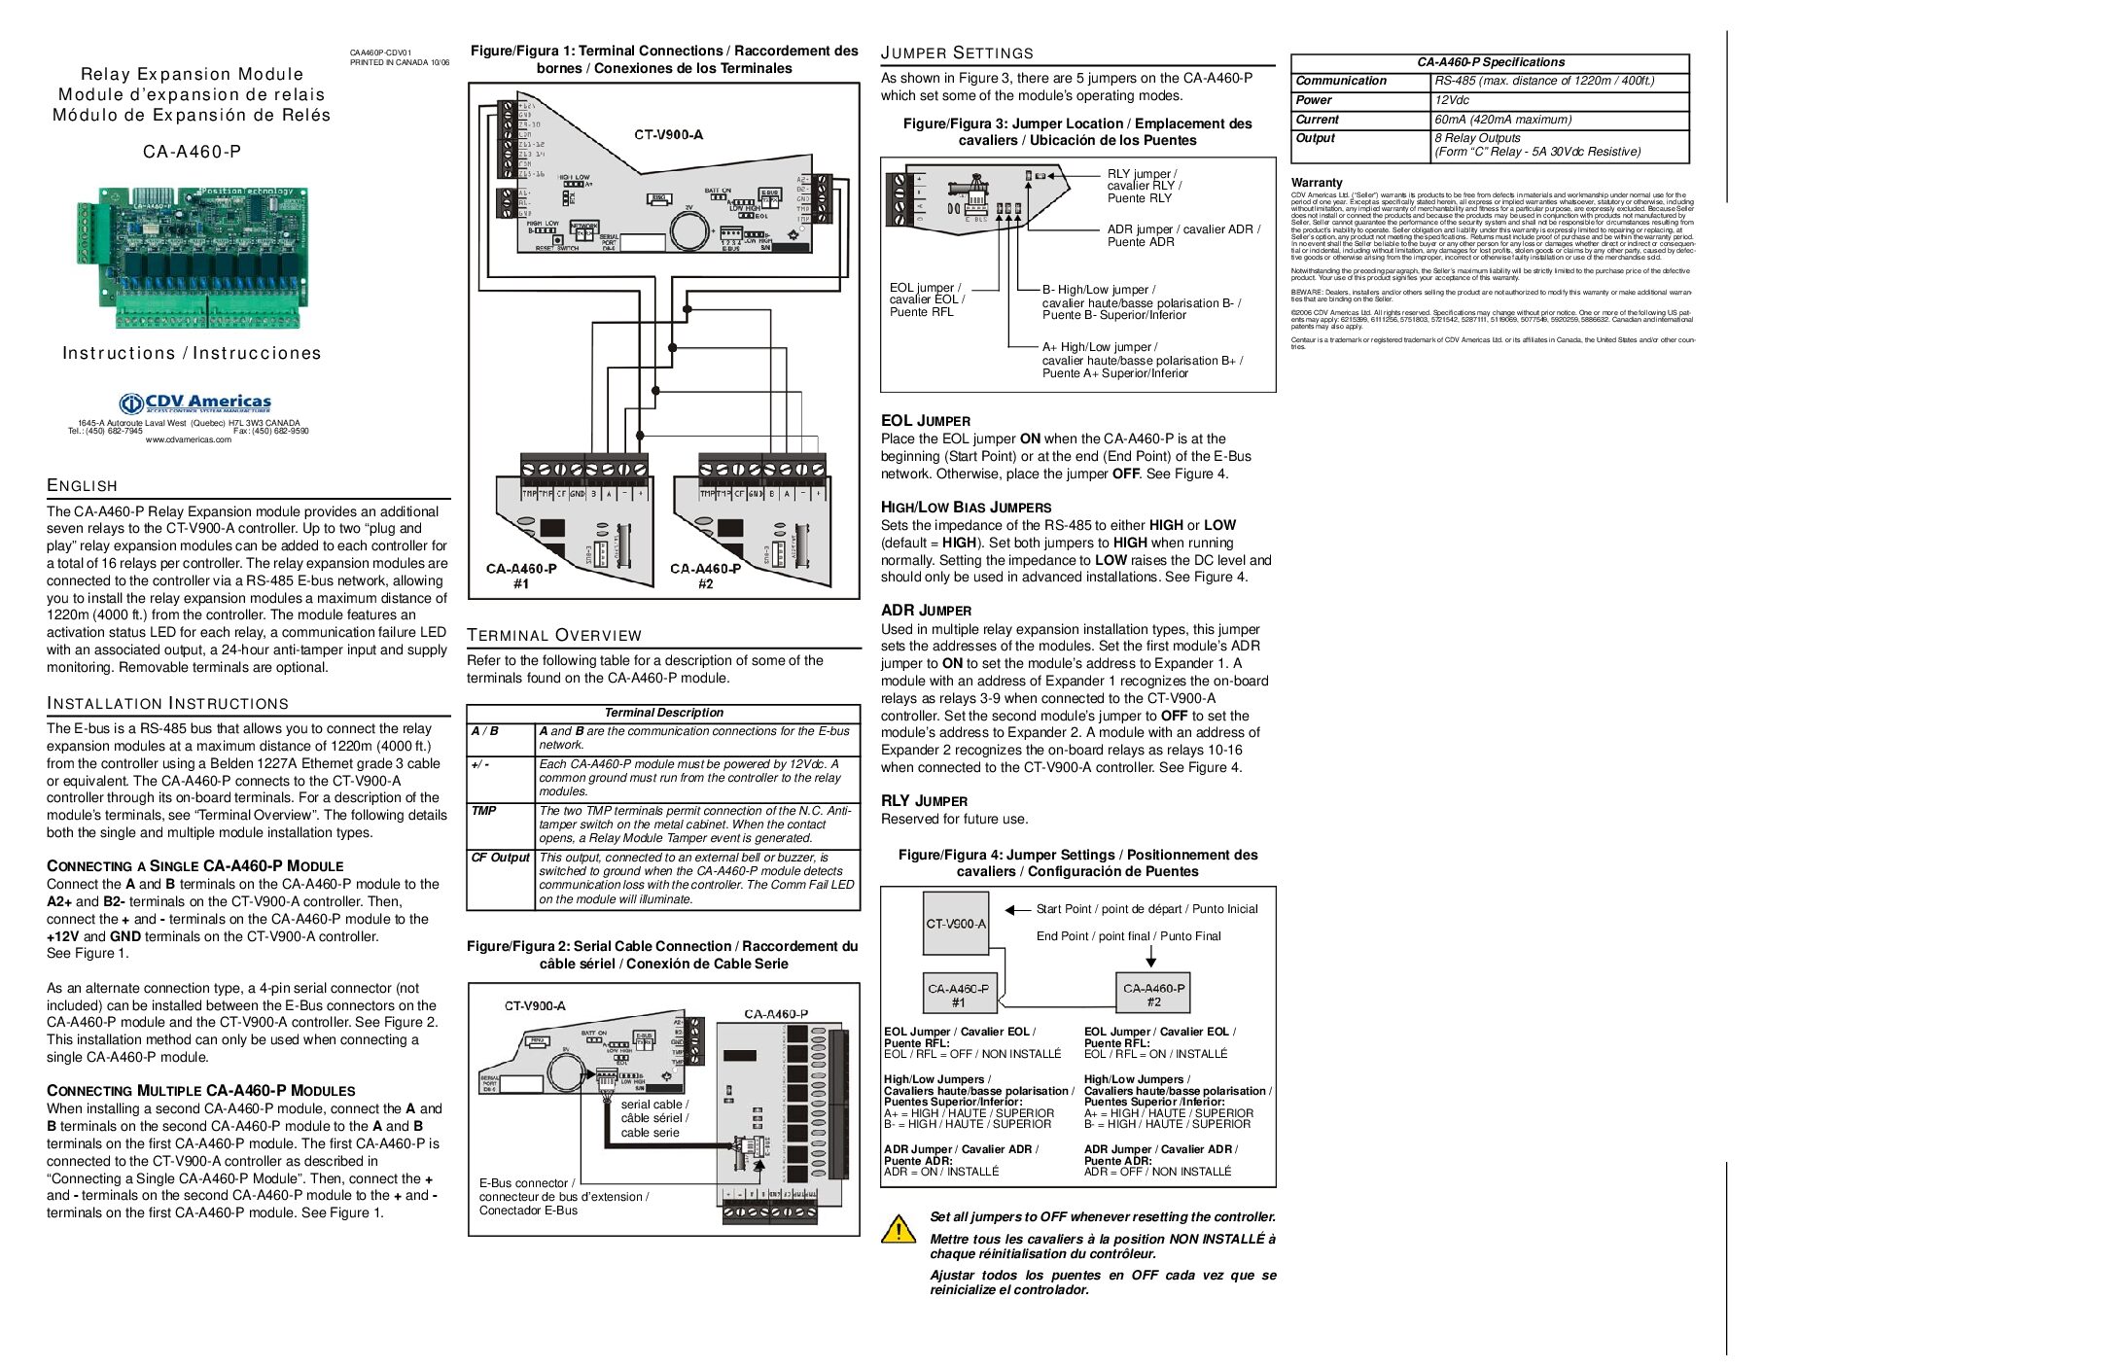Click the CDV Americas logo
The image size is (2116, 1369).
pos(194,404)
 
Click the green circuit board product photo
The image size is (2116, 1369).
pos(192,258)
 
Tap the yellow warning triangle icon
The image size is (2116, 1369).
pos(898,1229)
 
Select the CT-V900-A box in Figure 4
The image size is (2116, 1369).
pos(956,924)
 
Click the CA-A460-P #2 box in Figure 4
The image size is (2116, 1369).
pos(1152,994)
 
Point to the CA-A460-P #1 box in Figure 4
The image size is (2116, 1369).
pos(958,994)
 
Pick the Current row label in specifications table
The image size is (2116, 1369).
pos(1317,120)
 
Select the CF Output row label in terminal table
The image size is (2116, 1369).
pos(500,858)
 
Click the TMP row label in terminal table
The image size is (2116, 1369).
pos(483,811)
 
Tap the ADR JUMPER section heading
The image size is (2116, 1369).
pos(926,611)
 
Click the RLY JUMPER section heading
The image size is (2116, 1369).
pos(924,801)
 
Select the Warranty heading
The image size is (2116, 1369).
pos(1317,183)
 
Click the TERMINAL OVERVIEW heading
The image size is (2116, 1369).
pos(554,636)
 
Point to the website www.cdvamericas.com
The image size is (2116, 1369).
pos(189,439)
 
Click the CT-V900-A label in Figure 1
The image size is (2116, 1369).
pos(668,134)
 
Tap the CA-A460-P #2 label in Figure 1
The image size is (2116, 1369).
pos(705,576)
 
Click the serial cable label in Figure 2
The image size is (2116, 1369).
pos(654,1118)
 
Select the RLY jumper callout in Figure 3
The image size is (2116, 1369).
pos(1144,186)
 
